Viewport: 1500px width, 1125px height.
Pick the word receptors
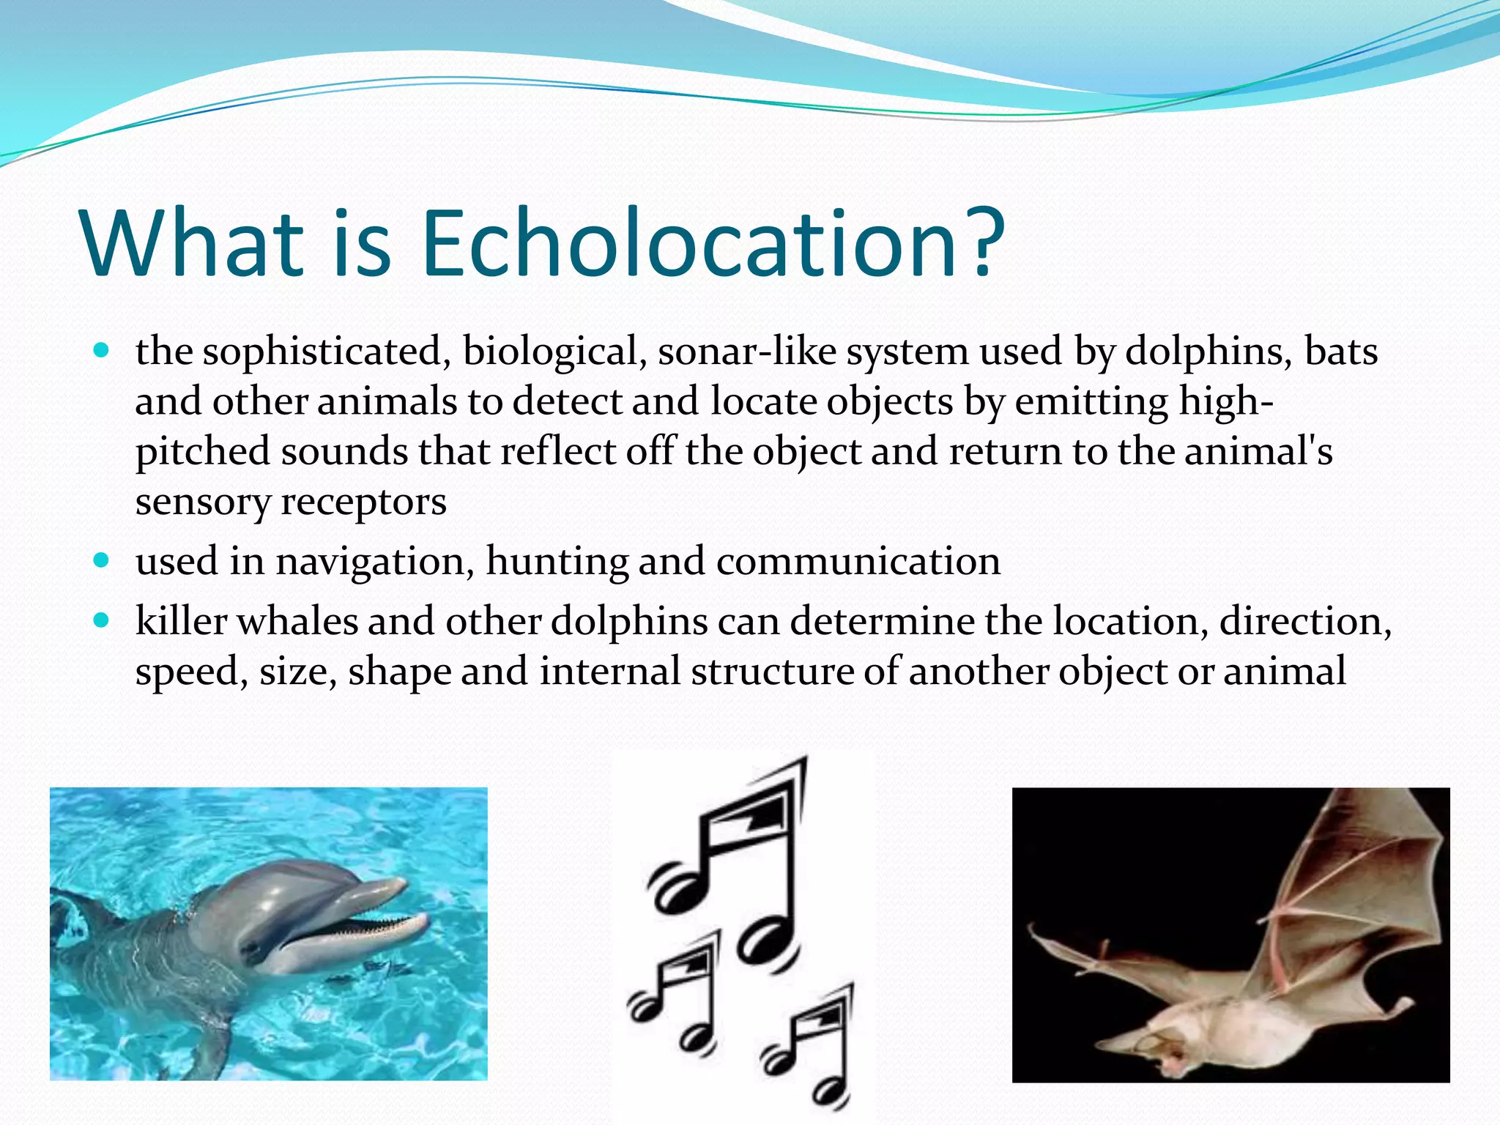363,503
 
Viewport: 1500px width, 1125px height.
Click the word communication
858,562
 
